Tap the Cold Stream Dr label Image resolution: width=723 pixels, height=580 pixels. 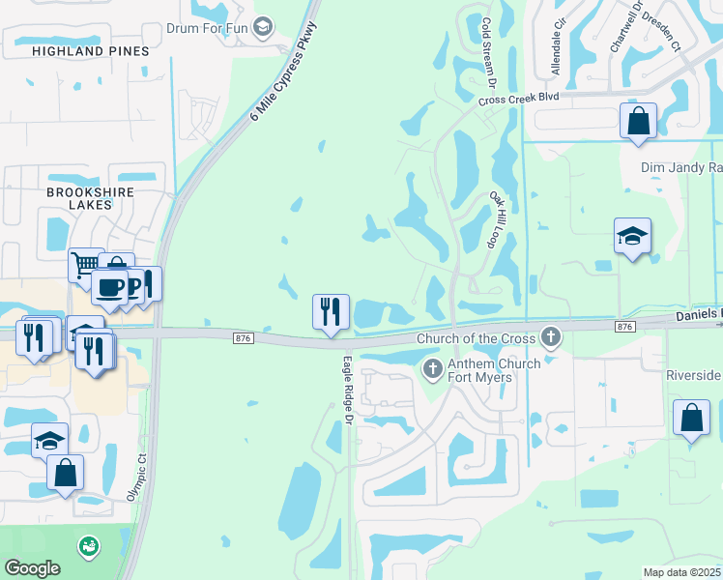click(x=487, y=53)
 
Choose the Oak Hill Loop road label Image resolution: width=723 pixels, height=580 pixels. click(x=506, y=220)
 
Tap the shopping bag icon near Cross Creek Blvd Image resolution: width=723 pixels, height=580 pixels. click(x=638, y=122)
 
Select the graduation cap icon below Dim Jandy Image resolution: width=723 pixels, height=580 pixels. click(x=632, y=237)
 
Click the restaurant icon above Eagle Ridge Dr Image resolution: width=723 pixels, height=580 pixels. click(x=331, y=312)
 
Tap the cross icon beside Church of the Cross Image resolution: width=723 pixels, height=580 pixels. click(x=551, y=337)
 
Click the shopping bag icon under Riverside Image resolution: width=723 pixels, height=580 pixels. click(x=691, y=419)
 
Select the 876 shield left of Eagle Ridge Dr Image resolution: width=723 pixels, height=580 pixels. click(x=244, y=336)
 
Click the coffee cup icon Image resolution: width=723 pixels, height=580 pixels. click(x=108, y=287)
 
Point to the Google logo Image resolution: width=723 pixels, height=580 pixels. click(x=32, y=568)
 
